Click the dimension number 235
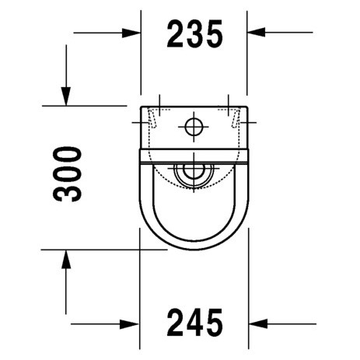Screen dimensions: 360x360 [194, 33]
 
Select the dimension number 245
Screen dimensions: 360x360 [194, 322]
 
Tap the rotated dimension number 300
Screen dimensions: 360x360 [68, 174]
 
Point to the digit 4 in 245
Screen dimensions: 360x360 [194, 322]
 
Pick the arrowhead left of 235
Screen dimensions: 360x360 [131, 33]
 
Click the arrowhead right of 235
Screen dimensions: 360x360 [256, 32]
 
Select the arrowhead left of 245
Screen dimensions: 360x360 [130, 324]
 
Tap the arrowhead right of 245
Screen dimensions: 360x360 [258, 323]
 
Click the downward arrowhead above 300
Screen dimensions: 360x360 [66, 96]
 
